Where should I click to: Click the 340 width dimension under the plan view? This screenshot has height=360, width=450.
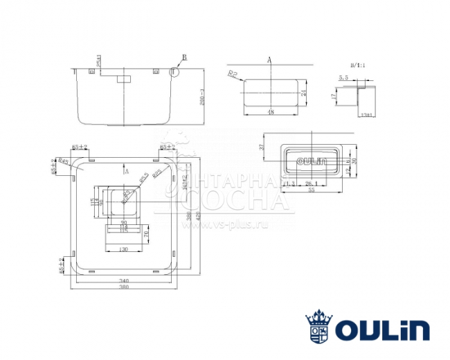[125, 281]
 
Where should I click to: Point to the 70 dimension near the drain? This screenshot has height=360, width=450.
[147, 235]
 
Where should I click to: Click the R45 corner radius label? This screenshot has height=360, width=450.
[63, 162]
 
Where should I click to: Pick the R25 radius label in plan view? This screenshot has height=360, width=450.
[157, 170]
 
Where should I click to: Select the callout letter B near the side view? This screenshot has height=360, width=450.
[184, 57]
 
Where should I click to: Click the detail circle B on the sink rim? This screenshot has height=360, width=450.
[173, 71]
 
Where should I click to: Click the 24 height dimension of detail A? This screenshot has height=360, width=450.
[303, 92]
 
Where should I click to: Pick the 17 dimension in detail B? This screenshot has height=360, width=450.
[334, 98]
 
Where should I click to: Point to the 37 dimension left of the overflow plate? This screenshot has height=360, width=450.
[261, 147]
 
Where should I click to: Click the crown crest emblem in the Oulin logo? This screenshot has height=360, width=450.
[319, 325]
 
